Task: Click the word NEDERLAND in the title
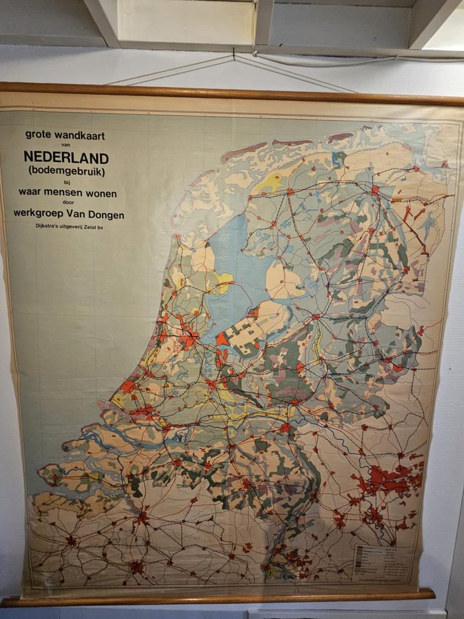click(x=66, y=158)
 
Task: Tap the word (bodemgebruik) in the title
click(x=66, y=171)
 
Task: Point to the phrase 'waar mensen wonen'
click(x=67, y=193)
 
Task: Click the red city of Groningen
click(x=375, y=190)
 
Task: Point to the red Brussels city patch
click(x=137, y=568)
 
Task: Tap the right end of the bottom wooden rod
click(x=430, y=594)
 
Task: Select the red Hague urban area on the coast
click(x=128, y=386)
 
